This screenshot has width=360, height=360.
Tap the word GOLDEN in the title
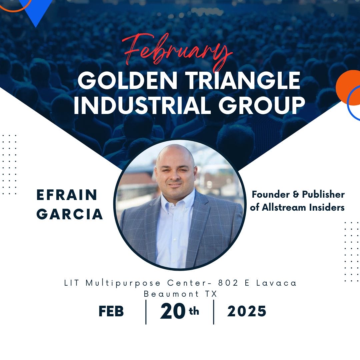tap(127, 80)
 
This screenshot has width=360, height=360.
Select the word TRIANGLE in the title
tap(243, 80)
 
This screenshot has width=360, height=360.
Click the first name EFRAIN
tap(67, 195)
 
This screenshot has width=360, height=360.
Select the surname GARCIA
tap(69, 214)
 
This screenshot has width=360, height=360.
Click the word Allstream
tap(284, 207)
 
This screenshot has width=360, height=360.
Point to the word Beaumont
tap(171, 294)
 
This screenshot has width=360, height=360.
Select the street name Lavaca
tap(276, 283)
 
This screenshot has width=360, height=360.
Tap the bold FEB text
tap(111, 311)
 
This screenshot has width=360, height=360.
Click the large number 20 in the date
tap(173, 311)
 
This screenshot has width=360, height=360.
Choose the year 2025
tap(247, 311)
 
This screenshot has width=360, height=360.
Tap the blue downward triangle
tap(36, 10)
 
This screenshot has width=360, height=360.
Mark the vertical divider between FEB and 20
tap(146, 312)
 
